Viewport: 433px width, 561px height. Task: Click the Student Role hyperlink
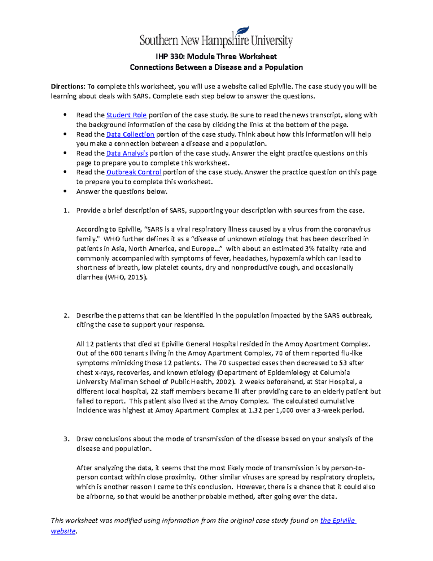[x=126, y=115]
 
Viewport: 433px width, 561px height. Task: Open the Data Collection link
[x=130, y=134]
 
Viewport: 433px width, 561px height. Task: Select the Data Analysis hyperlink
[x=127, y=153]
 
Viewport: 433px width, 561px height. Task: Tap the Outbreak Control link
[x=134, y=172]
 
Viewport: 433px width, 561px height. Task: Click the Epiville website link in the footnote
[x=338, y=520]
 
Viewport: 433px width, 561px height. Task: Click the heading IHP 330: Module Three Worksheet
[x=216, y=56]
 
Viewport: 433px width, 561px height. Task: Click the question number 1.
[x=66, y=210]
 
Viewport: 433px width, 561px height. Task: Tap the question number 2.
[x=66, y=315]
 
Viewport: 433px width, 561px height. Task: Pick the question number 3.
[x=66, y=439]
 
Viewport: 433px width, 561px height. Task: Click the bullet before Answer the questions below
[x=65, y=191]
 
